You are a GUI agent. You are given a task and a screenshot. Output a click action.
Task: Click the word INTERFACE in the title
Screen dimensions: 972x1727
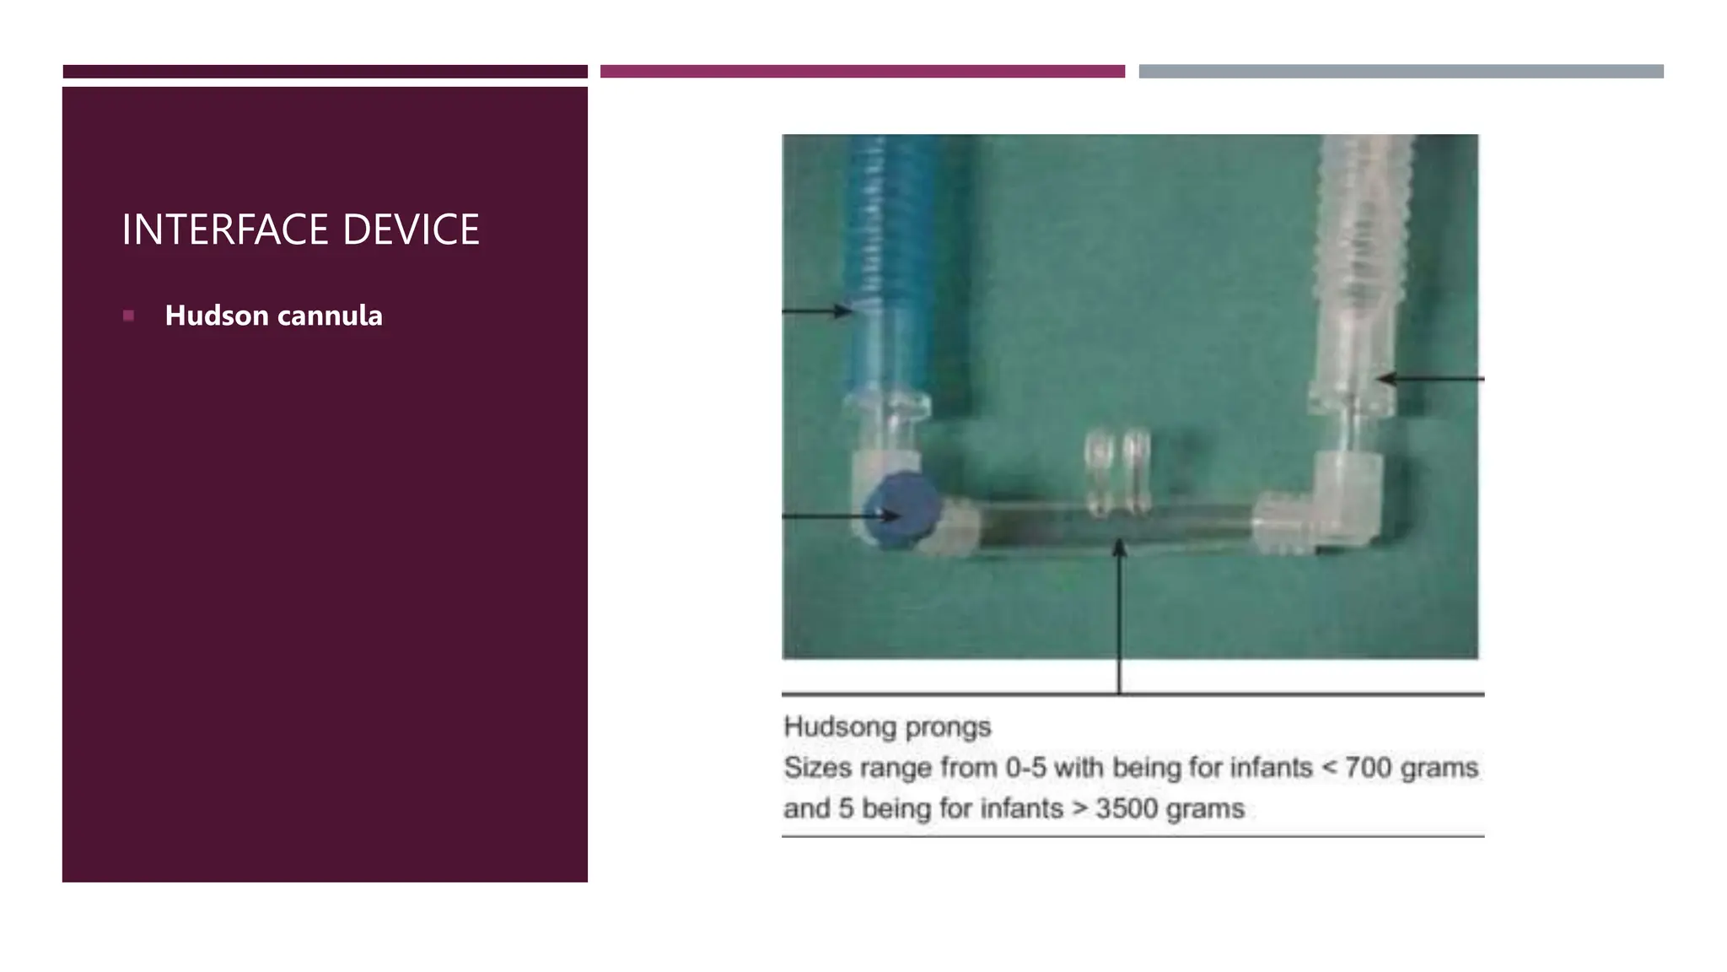[x=225, y=229]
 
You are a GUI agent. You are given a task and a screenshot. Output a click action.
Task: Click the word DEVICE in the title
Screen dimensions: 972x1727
[x=411, y=229]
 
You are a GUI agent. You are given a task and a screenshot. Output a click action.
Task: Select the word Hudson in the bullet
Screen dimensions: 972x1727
[x=217, y=316]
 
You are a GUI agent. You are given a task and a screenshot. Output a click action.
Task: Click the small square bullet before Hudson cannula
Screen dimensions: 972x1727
[x=128, y=316]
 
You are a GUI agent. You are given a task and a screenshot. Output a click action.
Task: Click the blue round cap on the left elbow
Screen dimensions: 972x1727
[x=901, y=510]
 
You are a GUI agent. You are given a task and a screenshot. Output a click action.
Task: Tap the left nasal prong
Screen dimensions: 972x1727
[x=1097, y=472]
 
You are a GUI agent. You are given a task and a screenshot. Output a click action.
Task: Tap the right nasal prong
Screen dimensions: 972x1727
[x=1137, y=472]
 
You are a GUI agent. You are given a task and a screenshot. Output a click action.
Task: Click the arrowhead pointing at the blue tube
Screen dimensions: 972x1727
[x=843, y=311]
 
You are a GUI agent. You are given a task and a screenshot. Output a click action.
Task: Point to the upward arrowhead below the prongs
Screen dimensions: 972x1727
[x=1119, y=549]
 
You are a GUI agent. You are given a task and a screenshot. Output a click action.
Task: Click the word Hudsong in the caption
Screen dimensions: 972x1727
[x=840, y=726]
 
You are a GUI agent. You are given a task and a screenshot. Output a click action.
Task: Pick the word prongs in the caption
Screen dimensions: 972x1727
[x=949, y=727]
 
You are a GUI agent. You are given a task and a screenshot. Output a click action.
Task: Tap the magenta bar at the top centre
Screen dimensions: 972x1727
[x=862, y=72]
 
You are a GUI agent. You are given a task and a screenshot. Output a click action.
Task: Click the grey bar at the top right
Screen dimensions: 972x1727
[x=1401, y=72]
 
